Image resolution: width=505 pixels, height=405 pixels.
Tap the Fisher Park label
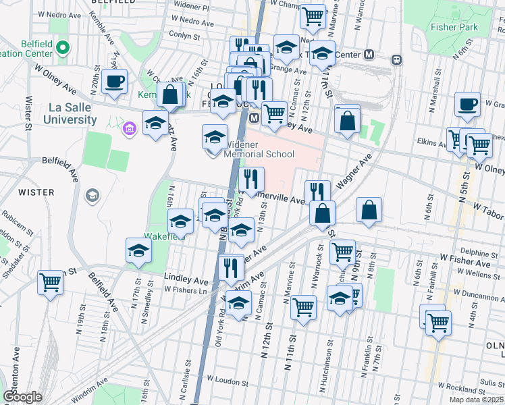pos(454,28)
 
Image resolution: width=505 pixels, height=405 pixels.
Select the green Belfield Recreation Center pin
pos(63,48)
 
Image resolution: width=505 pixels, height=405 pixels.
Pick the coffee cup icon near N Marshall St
pos(467,104)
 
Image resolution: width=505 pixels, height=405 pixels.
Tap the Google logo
pos(22,396)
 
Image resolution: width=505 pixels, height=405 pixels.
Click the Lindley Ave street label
pos(187,279)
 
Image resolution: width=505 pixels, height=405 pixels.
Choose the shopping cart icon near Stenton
pos(50,281)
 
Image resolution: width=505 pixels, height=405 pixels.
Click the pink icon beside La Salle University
pos(129,127)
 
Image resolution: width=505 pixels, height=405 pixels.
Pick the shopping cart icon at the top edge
pos(313,16)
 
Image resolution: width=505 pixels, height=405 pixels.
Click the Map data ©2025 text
pos(476,400)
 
